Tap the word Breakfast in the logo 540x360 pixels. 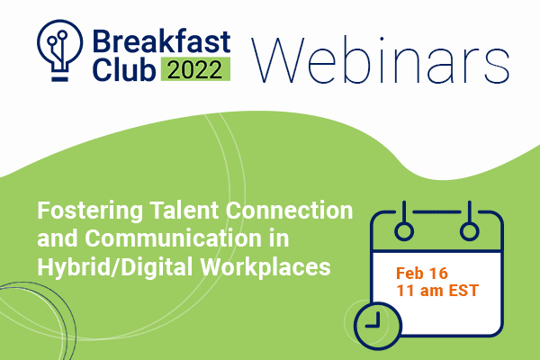pos(161,41)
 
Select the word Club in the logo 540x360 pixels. pos(124,69)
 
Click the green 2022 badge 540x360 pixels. pos(195,69)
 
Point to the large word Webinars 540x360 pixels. pos(381,59)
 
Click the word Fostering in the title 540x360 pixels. pos(90,211)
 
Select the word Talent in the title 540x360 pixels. pos(184,210)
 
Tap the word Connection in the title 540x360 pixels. pos(289,210)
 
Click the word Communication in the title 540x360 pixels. pos(173,238)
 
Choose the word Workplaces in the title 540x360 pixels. pos(265,267)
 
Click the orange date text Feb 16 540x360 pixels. pos(422,274)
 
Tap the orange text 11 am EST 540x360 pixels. pos(437,290)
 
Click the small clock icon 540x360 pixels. pos(378,326)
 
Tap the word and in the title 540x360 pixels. pos(58,238)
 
